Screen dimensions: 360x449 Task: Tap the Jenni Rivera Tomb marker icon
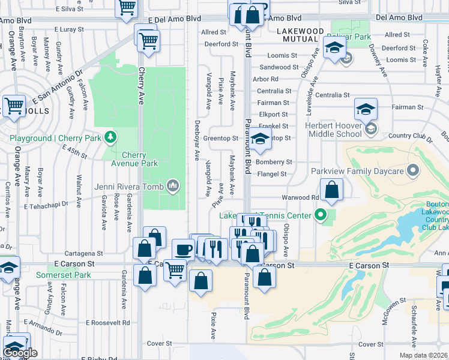[x=173, y=186]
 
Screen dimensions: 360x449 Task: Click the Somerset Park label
[x=63, y=275]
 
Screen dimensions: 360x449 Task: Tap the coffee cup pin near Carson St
[x=183, y=250]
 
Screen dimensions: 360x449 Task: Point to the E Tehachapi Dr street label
[x=46, y=205]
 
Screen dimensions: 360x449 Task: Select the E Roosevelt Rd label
[x=107, y=322]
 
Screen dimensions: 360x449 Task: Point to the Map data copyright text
[x=423, y=355]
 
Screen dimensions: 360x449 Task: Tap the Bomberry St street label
[x=274, y=162]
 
